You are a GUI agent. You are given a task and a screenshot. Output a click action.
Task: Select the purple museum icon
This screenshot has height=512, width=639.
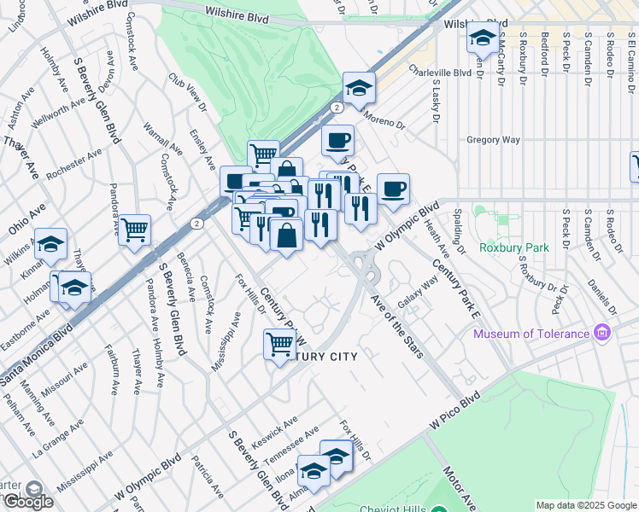tap(603, 332)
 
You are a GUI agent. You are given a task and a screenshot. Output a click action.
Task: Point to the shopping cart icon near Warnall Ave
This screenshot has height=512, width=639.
tap(135, 230)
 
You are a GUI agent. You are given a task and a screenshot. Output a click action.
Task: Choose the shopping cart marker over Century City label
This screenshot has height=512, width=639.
tap(279, 345)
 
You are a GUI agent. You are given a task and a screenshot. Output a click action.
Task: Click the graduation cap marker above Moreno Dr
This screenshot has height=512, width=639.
tap(360, 87)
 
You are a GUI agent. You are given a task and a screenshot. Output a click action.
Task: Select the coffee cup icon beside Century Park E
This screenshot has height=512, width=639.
tap(393, 189)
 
